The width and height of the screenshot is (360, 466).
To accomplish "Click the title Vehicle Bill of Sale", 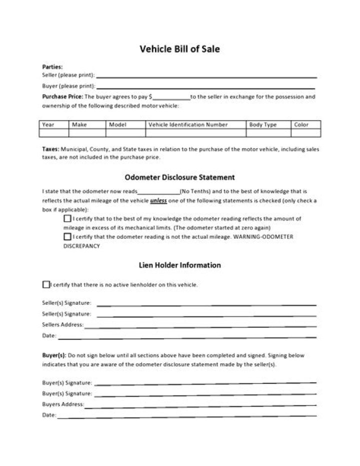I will point(179,49).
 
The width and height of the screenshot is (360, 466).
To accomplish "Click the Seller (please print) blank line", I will point(206,77).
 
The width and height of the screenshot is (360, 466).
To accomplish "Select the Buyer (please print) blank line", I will point(206,87).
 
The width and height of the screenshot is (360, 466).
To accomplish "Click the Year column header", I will point(49,125).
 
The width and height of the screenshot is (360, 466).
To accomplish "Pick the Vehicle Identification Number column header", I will point(188,125).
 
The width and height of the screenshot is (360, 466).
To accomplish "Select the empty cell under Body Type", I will point(269,133).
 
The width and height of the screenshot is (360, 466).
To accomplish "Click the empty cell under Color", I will point(305,133).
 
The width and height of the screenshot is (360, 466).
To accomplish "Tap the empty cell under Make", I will point(87,133).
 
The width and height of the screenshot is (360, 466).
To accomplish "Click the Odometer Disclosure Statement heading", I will point(179,177).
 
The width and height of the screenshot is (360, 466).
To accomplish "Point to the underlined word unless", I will point(158,201).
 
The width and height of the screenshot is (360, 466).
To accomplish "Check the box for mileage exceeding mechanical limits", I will point(67,219).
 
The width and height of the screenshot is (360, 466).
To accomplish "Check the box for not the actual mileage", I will point(67,237).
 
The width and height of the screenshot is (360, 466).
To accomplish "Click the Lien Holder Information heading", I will point(179,265).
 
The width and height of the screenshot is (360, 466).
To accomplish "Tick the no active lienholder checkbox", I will point(46,285).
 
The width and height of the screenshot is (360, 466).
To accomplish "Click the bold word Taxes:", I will point(50,149).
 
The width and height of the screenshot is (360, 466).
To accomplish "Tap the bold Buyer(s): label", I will point(53,355).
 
